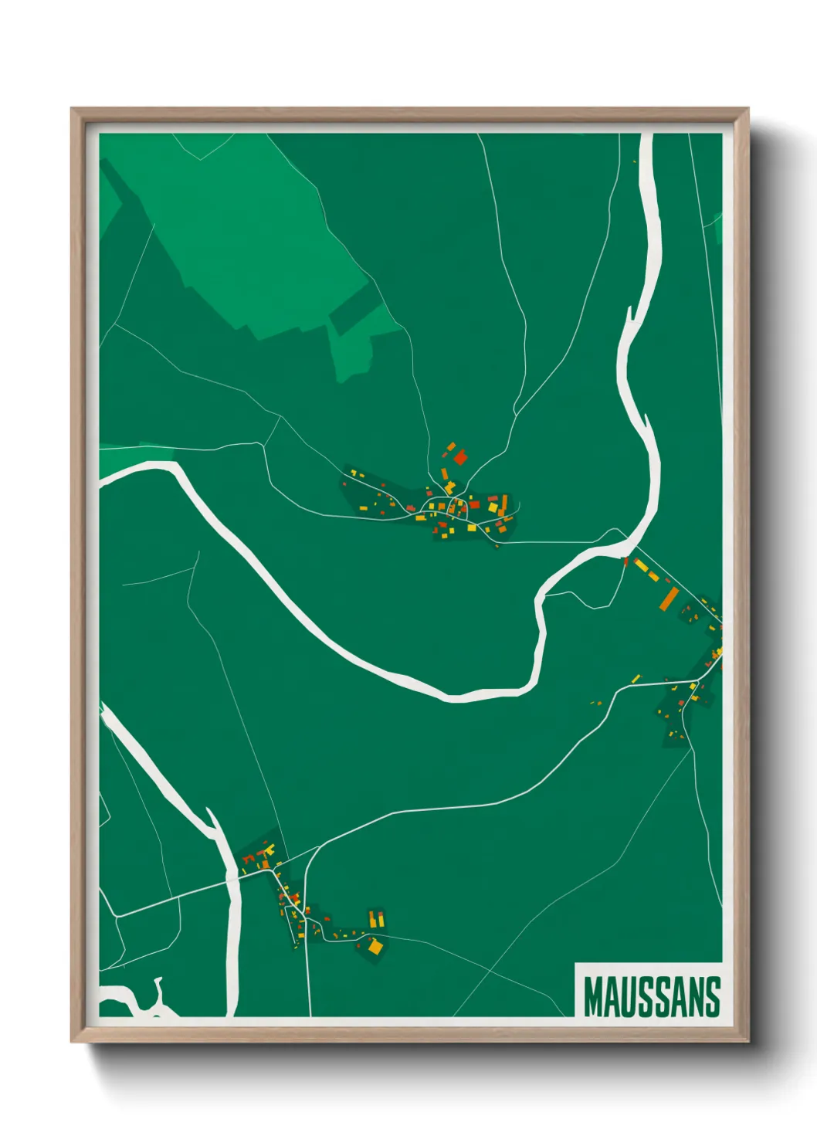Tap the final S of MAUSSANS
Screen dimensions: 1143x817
click(713, 996)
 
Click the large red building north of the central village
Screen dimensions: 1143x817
click(460, 457)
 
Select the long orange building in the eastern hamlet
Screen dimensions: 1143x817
click(669, 598)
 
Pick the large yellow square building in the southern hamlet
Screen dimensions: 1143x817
click(375, 946)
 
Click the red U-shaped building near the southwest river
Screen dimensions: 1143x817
click(248, 858)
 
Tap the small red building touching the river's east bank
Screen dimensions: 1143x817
click(625, 561)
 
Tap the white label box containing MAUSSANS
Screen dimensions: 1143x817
click(649, 990)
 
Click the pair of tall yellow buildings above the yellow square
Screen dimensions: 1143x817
click(376, 919)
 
